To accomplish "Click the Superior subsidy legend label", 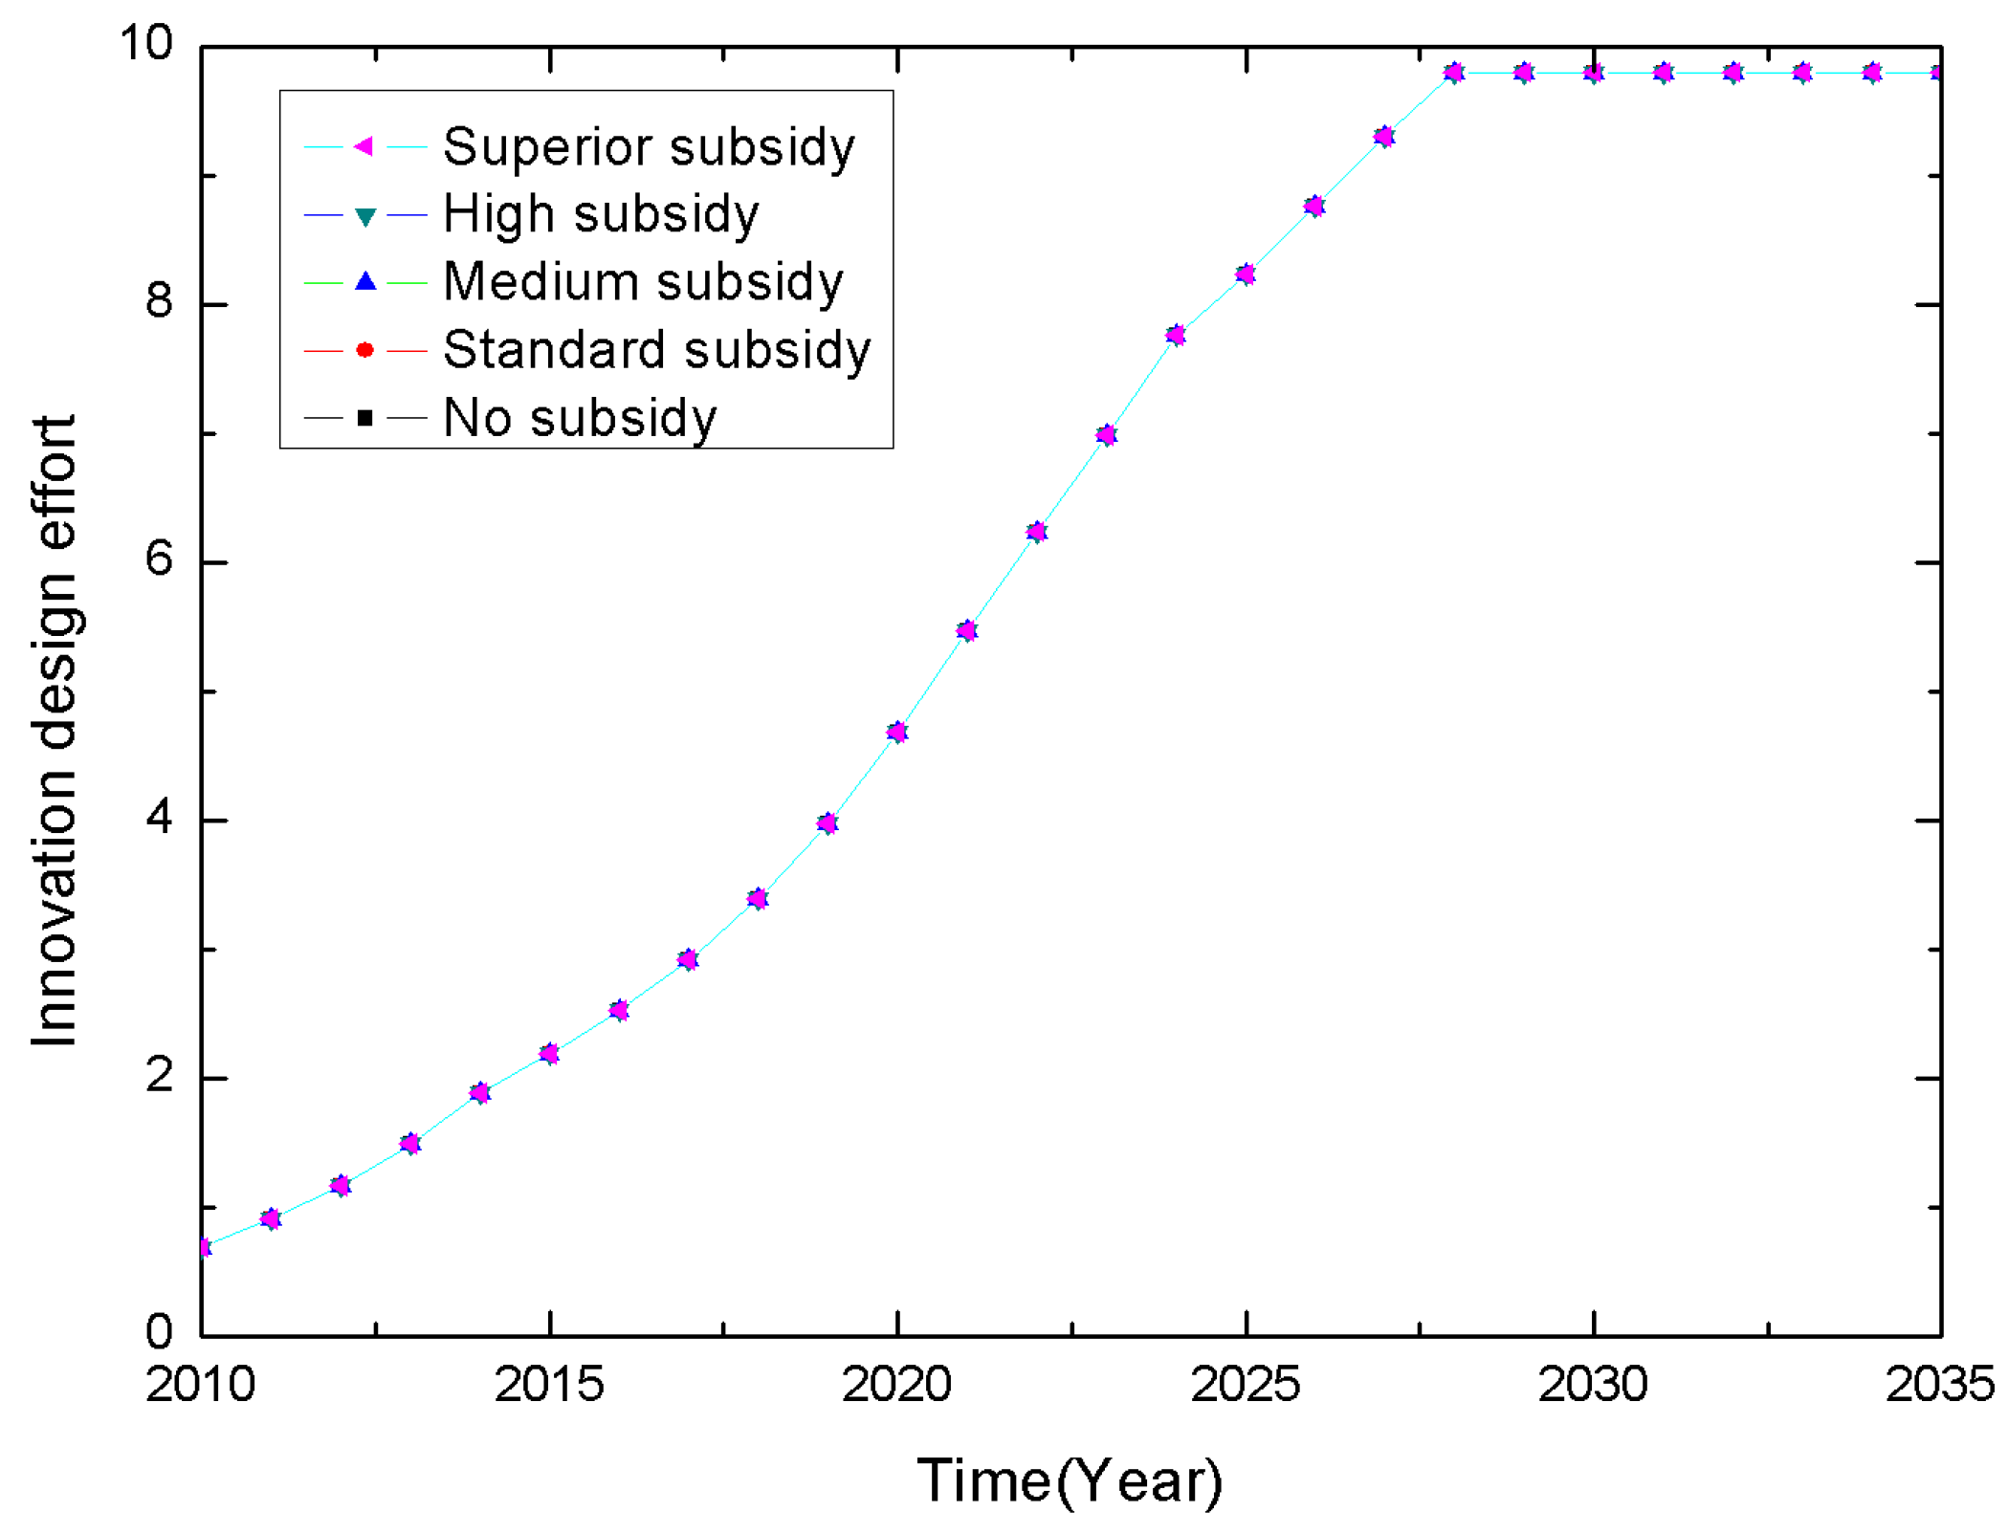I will pyautogui.click(x=649, y=147).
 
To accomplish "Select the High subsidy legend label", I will pyautogui.click(x=601, y=214).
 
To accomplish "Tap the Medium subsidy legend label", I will pyautogui.click(x=643, y=282).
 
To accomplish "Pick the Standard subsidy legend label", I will pyautogui.click(x=657, y=350).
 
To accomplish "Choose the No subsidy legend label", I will pyautogui.click(x=580, y=418).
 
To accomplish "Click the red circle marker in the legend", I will pyautogui.click(x=364, y=350).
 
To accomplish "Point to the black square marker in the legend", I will pyautogui.click(x=364, y=418).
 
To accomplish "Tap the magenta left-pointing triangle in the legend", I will pyautogui.click(x=364, y=146).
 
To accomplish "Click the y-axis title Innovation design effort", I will pyautogui.click(x=55, y=732).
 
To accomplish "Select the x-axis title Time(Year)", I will pyautogui.click(x=1070, y=1481).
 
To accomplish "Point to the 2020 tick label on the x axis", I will pyautogui.click(x=896, y=1384).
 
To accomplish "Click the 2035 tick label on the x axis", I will pyautogui.click(x=1940, y=1384).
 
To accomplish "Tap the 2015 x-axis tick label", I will pyautogui.click(x=549, y=1384).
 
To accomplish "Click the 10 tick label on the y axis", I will pyautogui.click(x=145, y=43).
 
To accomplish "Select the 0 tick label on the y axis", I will pyautogui.click(x=159, y=1331).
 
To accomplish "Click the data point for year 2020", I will pyautogui.click(x=896, y=732).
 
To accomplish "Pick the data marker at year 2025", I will pyautogui.click(x=1245, y=274).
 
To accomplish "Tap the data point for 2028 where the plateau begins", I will pyautogui.click(x=1453, y=73).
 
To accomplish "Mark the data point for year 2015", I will pyautogui.click(x=549, y=1053).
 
